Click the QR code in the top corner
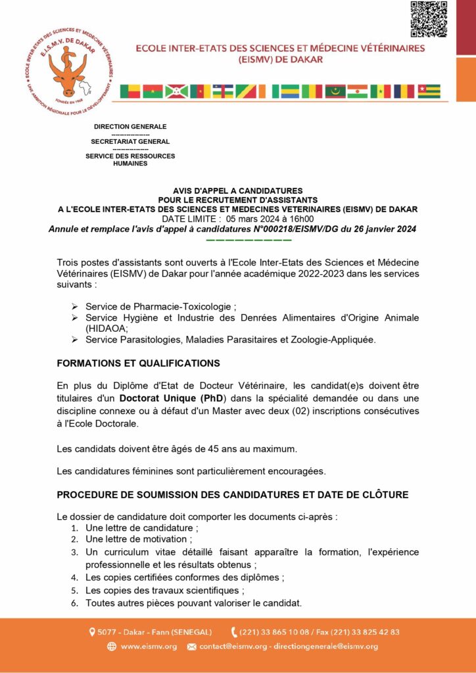click(x=429, y=20)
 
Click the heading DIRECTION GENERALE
click(x=130, y=126)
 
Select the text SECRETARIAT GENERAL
click(x=130, y=141)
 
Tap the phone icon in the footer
click(x=234, y=632)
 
